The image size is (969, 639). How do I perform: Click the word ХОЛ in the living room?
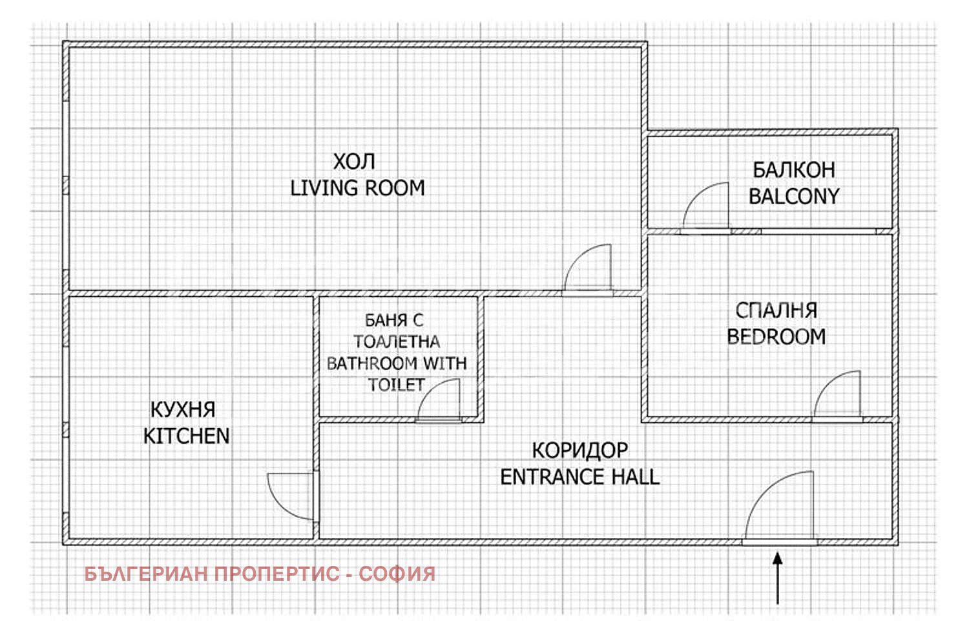(x=354, y=162)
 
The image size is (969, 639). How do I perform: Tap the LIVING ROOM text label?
(x=357, y=188)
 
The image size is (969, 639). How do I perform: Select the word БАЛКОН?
(x=794, y=170)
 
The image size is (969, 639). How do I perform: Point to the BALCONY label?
(x=794, y=196)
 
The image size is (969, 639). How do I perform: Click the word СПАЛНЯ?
(x=776, y=310)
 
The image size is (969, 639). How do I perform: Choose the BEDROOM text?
(x=776, y=337)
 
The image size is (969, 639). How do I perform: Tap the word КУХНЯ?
(x=183, y=410)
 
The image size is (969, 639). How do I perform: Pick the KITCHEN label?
(x=187, y=437)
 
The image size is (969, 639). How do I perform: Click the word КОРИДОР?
(x=580, y=451)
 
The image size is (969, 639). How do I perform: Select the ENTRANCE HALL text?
(x=580, y=477)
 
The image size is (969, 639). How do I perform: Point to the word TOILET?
(x=396, y=385)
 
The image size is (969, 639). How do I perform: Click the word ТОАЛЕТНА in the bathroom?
(x=397, y=341)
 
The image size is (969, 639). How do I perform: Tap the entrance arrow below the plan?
(x=777, y=578)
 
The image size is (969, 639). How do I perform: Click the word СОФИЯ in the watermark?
(x=397, y=574)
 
